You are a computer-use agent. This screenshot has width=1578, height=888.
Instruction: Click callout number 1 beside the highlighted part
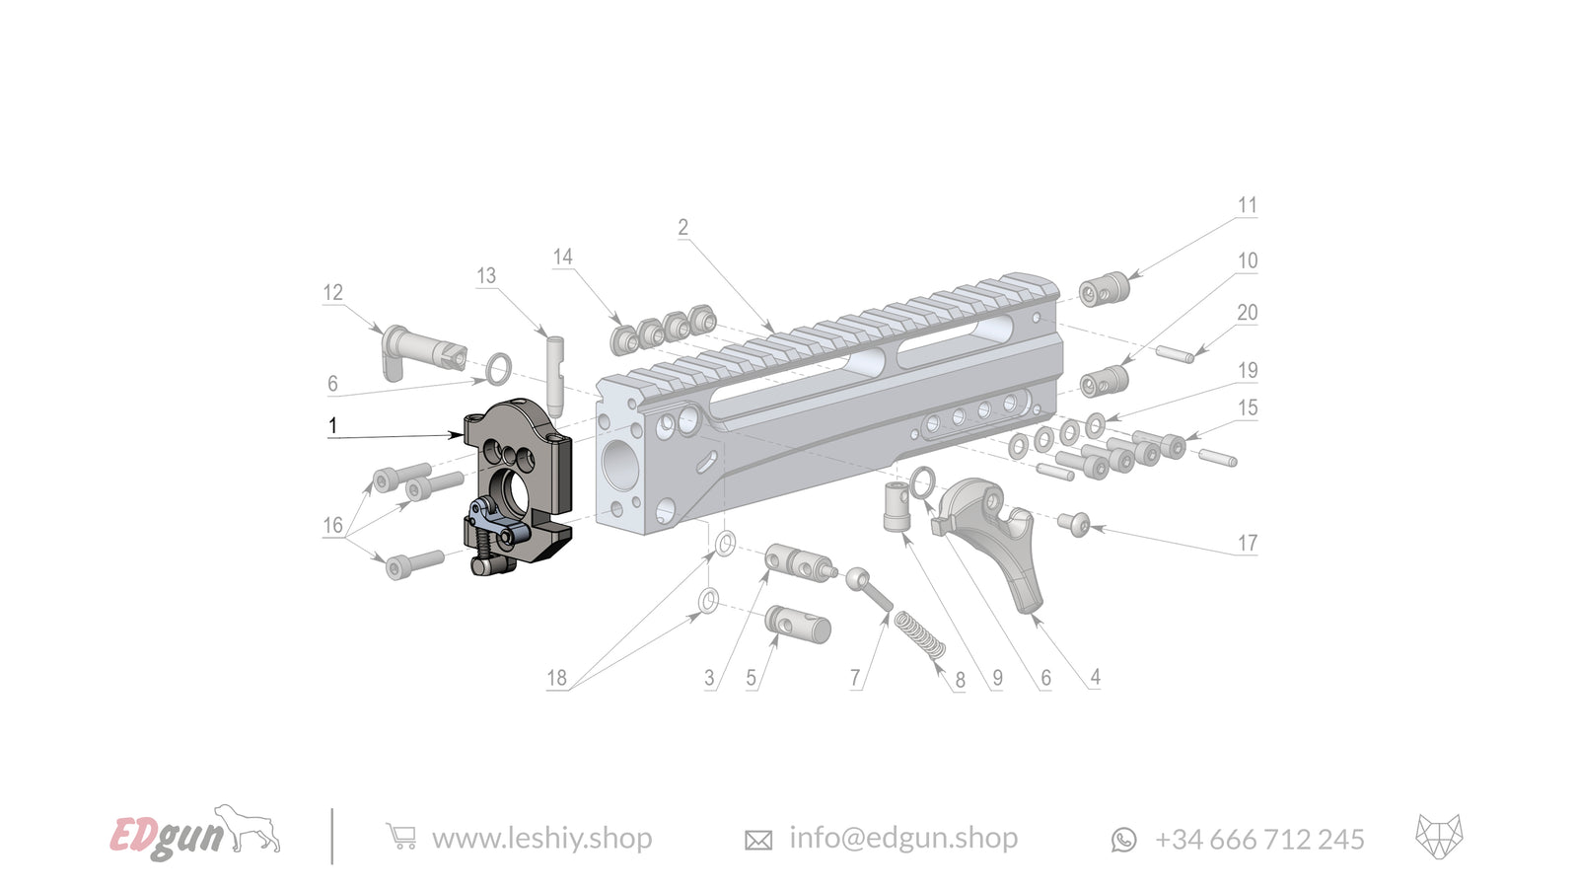[332, 425]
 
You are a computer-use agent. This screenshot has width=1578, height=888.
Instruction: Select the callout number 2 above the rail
[682, 227]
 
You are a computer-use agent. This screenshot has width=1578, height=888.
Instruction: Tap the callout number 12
[332, 292]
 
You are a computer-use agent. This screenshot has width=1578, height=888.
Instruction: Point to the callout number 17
[1248, 543]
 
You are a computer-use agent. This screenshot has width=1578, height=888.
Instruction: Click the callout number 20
[1248, 312]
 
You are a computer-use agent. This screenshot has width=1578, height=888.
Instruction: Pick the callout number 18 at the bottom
[556, 678]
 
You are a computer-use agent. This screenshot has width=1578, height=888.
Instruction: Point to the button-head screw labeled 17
[1074, 524]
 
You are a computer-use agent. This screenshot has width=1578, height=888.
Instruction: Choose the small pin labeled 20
[1175, 352]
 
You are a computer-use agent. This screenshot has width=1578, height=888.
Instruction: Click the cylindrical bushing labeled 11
[1103, 291]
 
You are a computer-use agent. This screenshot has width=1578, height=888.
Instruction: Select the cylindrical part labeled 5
[798, 624]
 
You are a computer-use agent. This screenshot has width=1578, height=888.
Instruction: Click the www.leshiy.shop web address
[541, 839]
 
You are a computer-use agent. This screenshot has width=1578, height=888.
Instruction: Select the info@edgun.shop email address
[902, 839]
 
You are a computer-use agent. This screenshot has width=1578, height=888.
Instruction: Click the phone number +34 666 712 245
[1258, 840]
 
